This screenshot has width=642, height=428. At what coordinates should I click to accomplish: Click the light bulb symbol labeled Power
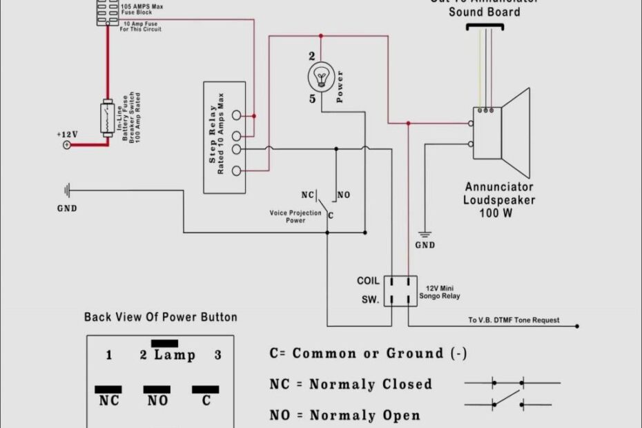pos(321,75)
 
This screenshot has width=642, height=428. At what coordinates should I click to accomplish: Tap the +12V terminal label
pos(68,134)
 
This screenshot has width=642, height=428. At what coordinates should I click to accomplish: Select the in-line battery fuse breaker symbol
pos(107,117)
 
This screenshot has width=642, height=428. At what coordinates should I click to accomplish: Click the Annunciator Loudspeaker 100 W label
pos(500,200)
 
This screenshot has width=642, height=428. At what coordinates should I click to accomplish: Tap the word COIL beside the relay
pos(368,281)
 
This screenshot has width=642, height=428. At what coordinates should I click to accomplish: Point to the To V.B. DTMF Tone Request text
pos(514,321)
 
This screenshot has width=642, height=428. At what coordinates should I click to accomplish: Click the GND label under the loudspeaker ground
pos(425,245)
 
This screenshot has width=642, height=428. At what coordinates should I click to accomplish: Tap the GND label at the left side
pos(67,208)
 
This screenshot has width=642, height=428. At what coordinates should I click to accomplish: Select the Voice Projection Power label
pos(295,217)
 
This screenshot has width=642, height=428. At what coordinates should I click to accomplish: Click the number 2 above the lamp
pos(312,56)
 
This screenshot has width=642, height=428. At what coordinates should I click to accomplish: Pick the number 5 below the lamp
pos(312,99)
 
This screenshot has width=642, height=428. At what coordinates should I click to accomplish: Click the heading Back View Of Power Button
pos(161,318)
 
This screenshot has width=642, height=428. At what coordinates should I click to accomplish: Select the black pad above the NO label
pos(157,389)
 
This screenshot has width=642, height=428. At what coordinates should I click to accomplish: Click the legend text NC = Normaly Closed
pos(351,385)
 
